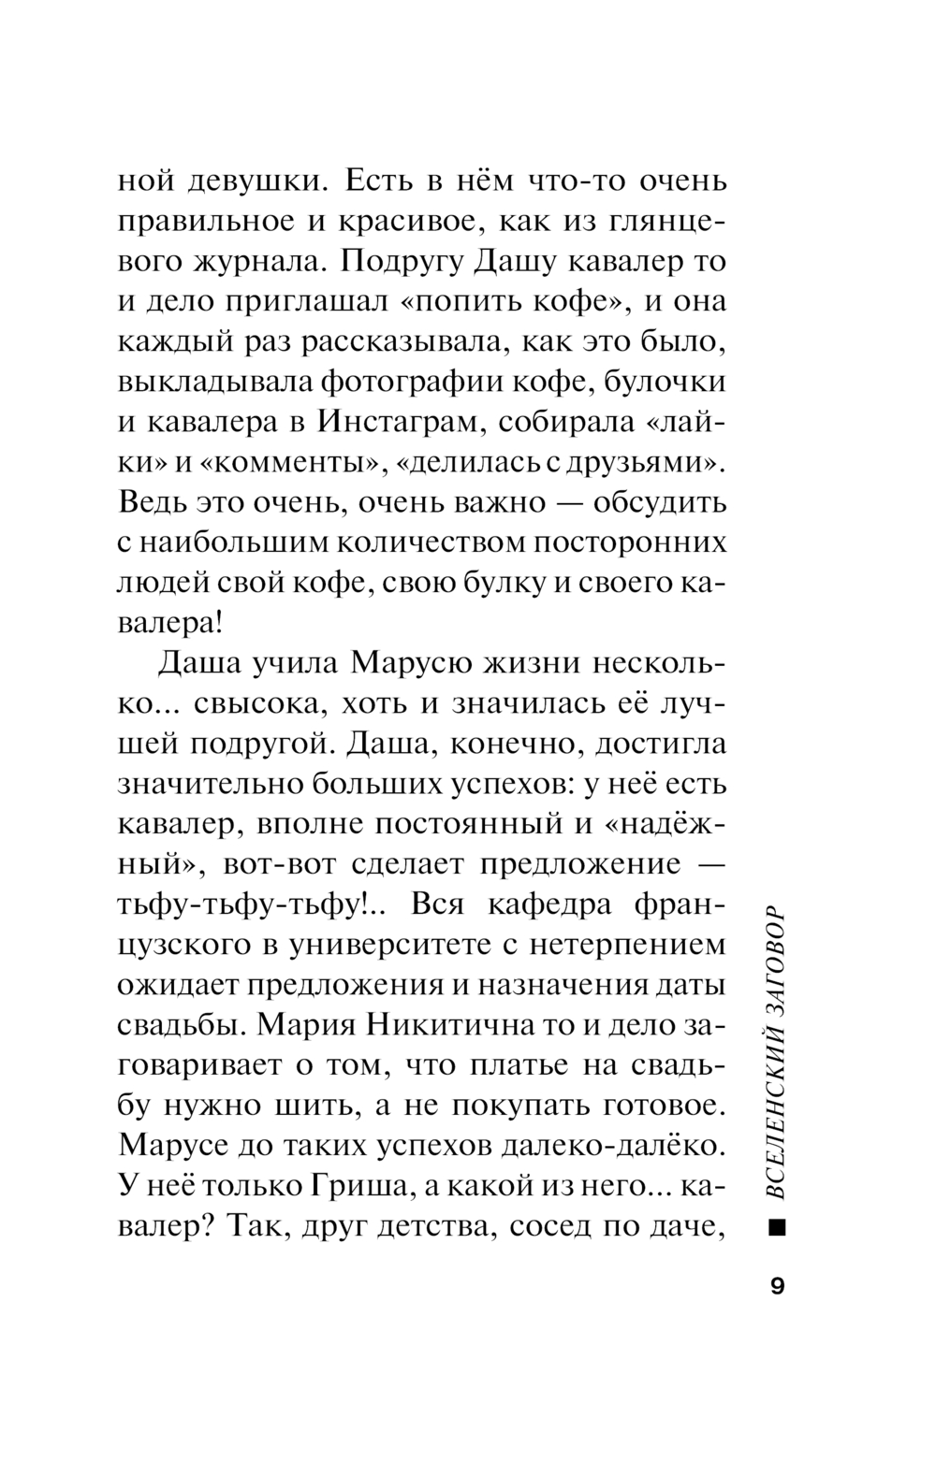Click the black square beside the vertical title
[777, 1226]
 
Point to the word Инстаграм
[399, 422]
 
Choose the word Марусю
[410, 663]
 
